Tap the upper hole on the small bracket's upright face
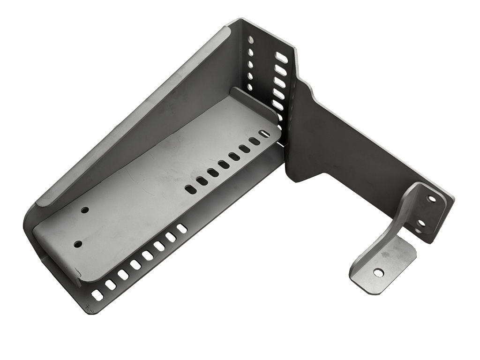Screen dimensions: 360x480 point(431,199)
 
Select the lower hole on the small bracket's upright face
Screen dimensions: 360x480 point(421,223)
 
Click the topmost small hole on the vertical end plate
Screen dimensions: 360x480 point(251,40)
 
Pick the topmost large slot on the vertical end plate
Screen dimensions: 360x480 point(281,57)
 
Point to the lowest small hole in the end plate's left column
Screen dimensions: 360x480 point(249,87)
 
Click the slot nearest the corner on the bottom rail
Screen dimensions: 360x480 point(97,295)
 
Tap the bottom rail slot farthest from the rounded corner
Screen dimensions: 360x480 point(182,228)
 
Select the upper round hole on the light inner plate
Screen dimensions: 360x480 point(84,210)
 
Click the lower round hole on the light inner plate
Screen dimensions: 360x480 point(78,244)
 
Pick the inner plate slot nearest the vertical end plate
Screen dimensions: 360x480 point(264,134)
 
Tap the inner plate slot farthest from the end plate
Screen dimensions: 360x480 point(191,189)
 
